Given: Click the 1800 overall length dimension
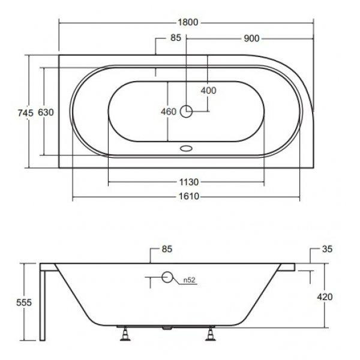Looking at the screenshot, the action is (188, 22).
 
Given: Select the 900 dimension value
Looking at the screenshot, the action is (251, 38).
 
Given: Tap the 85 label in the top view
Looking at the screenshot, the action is (176, 38).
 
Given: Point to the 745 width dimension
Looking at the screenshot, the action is (26, 113).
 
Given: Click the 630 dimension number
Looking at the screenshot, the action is (46, 112).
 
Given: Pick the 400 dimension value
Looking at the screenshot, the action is (208, 91).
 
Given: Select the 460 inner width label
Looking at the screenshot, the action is (169, 112).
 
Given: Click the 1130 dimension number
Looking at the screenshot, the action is (189, 182).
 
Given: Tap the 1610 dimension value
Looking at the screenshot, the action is (189, 196).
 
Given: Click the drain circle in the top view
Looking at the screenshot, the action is (186, 112).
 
